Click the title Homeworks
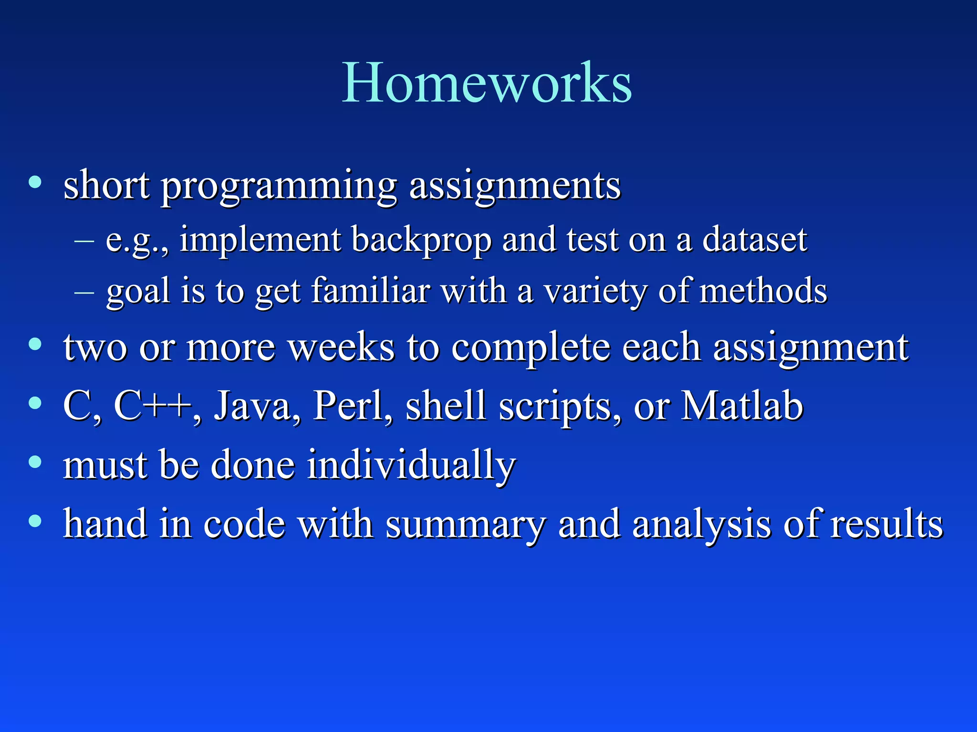pos(487,83)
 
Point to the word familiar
pos(371,291)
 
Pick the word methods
pos(763,290)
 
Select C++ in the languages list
pos(152,406)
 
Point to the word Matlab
pos(742,406)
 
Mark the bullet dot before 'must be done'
pos(35,462)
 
